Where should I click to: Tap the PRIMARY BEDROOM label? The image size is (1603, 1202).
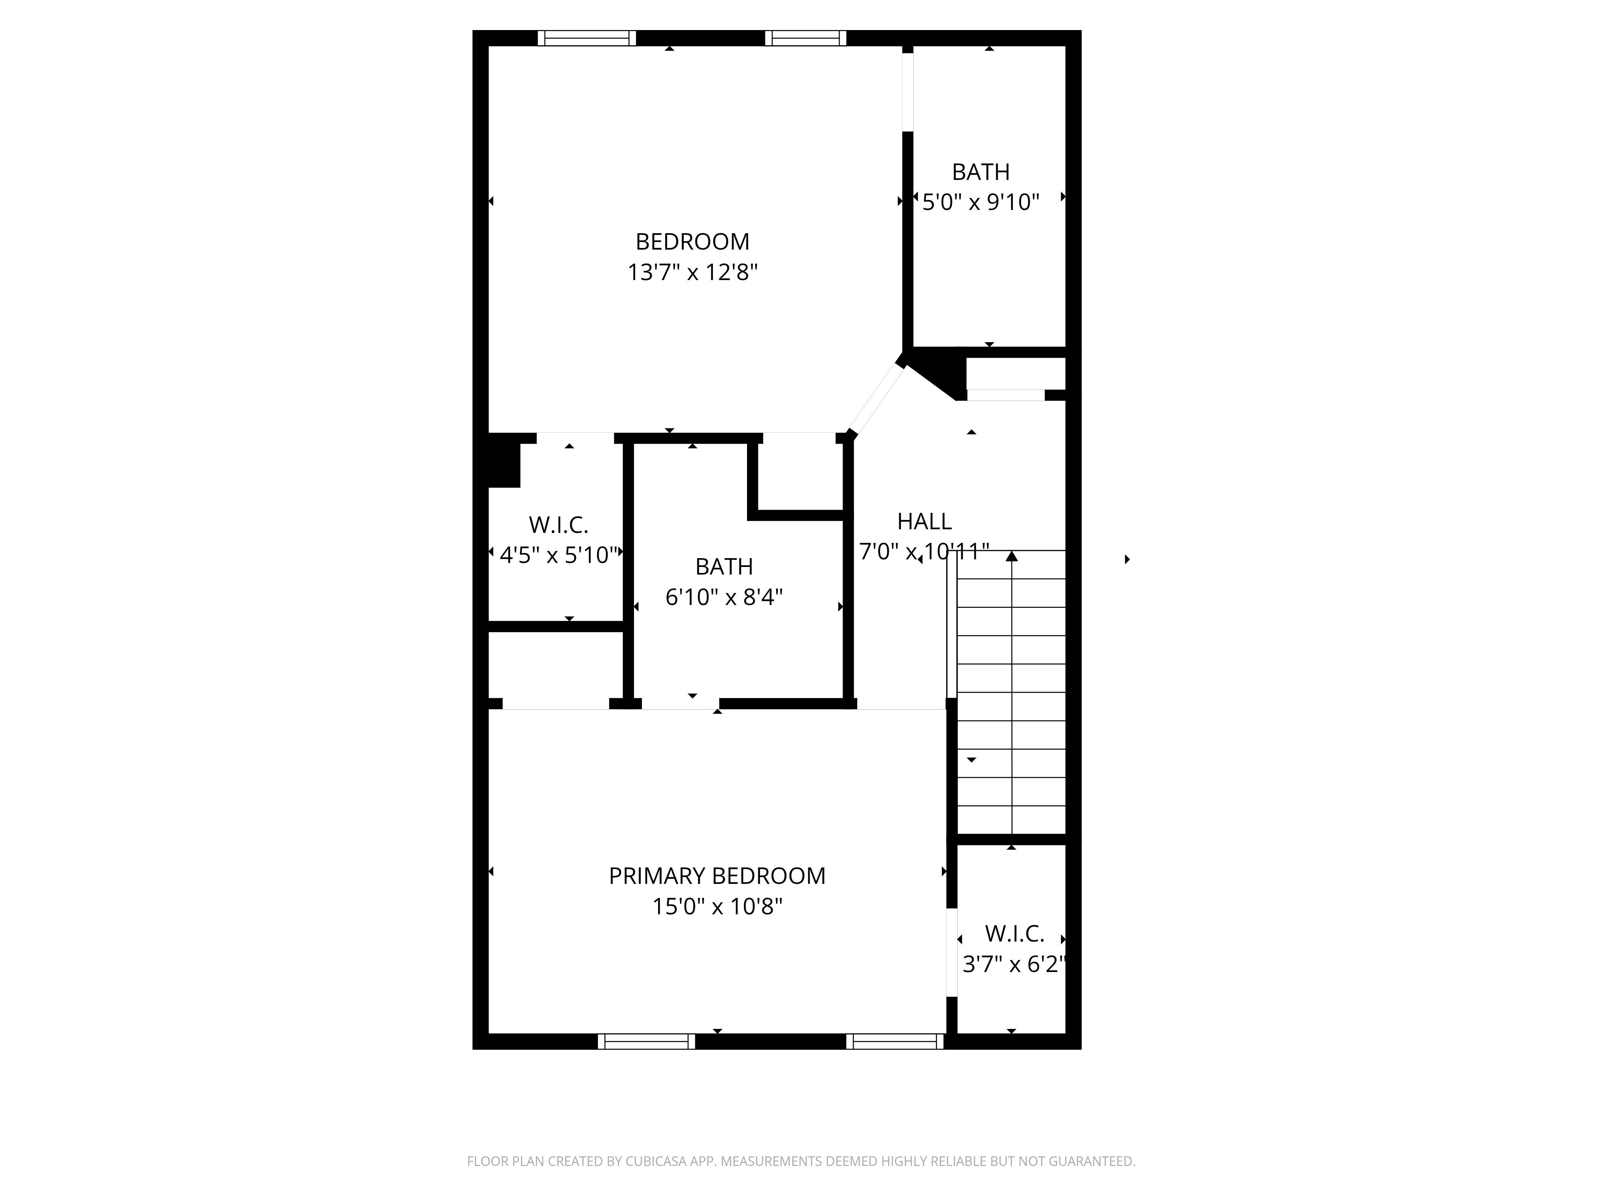pos(717,876)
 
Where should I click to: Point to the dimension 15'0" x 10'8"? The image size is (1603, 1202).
pos(717,906)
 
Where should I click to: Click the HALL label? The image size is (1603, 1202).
pos(924,521)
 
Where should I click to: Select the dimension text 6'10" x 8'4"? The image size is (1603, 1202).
pos(724,597)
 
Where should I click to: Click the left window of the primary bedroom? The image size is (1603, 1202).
pos(646,1041)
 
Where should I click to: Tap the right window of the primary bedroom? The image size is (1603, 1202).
pos(895,1041)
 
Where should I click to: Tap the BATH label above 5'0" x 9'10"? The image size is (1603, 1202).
pos(981,172)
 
